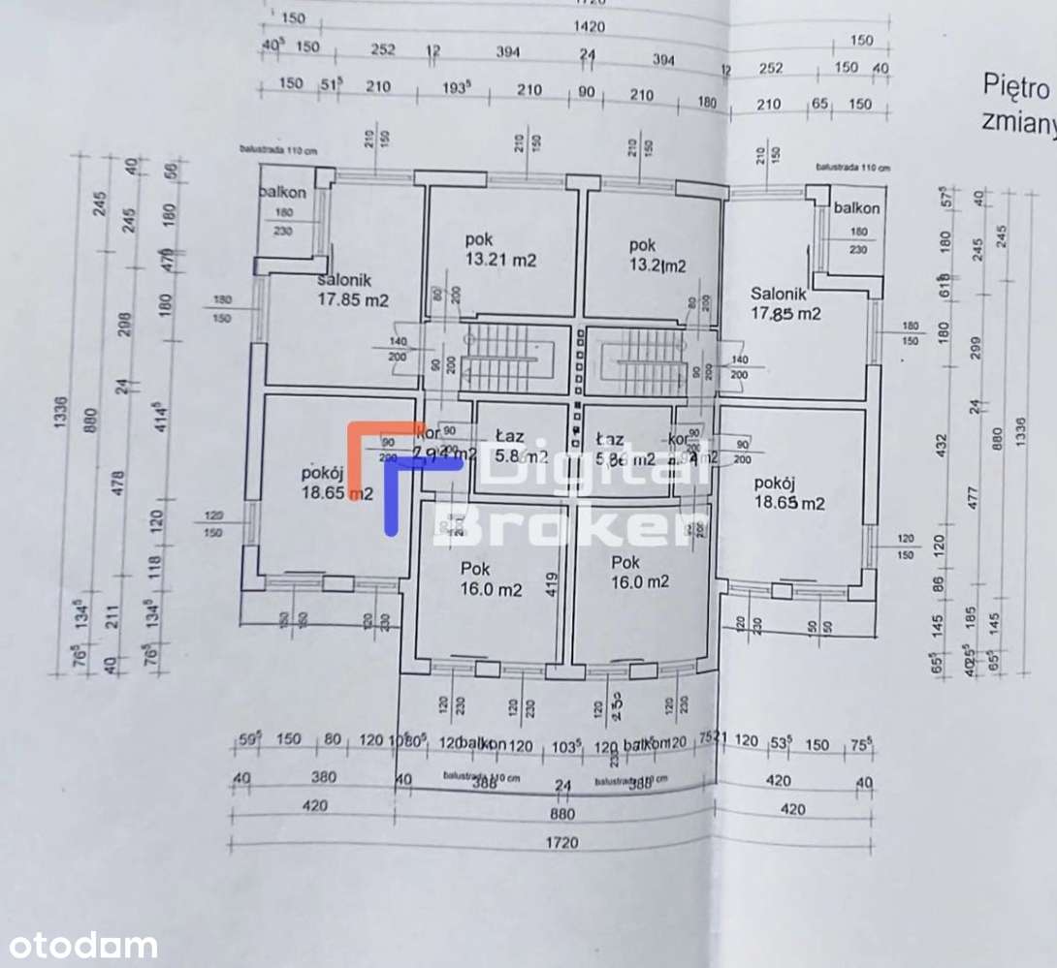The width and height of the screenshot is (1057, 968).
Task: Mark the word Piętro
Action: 1016,89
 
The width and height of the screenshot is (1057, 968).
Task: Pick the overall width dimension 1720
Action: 561,842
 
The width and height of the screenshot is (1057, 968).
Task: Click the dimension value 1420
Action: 588,26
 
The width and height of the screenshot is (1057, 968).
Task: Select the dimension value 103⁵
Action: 564,745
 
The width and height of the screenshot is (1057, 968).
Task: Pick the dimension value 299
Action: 975,346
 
